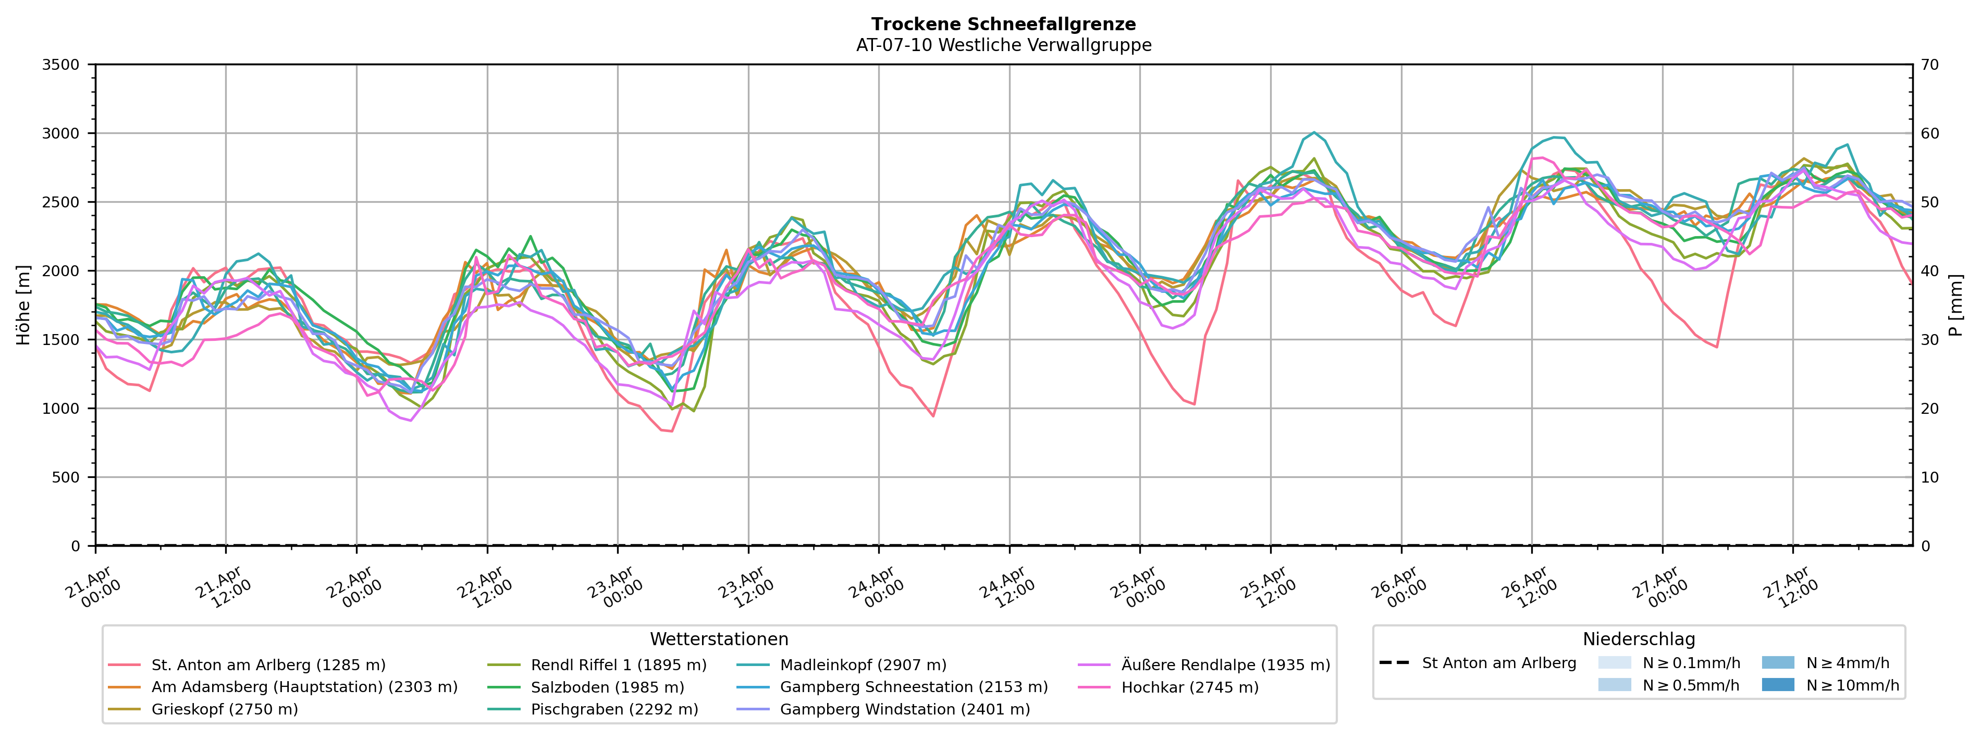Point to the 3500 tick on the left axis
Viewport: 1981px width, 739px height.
click(x=60, y=65)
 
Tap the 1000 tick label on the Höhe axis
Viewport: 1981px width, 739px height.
click(x=60, y=409)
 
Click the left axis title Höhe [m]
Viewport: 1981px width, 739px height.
click(x=23, y=305)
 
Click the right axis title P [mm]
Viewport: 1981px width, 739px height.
click(x=1955, y=305)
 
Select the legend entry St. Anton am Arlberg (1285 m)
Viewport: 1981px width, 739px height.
click(x=267, y=665)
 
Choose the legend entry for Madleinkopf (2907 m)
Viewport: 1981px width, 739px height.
click(x=863, y=665)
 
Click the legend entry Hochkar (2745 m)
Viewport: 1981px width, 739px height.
click(x=1190, y=687)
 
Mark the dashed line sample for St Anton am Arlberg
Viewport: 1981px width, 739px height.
click(x=1394, y=663)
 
